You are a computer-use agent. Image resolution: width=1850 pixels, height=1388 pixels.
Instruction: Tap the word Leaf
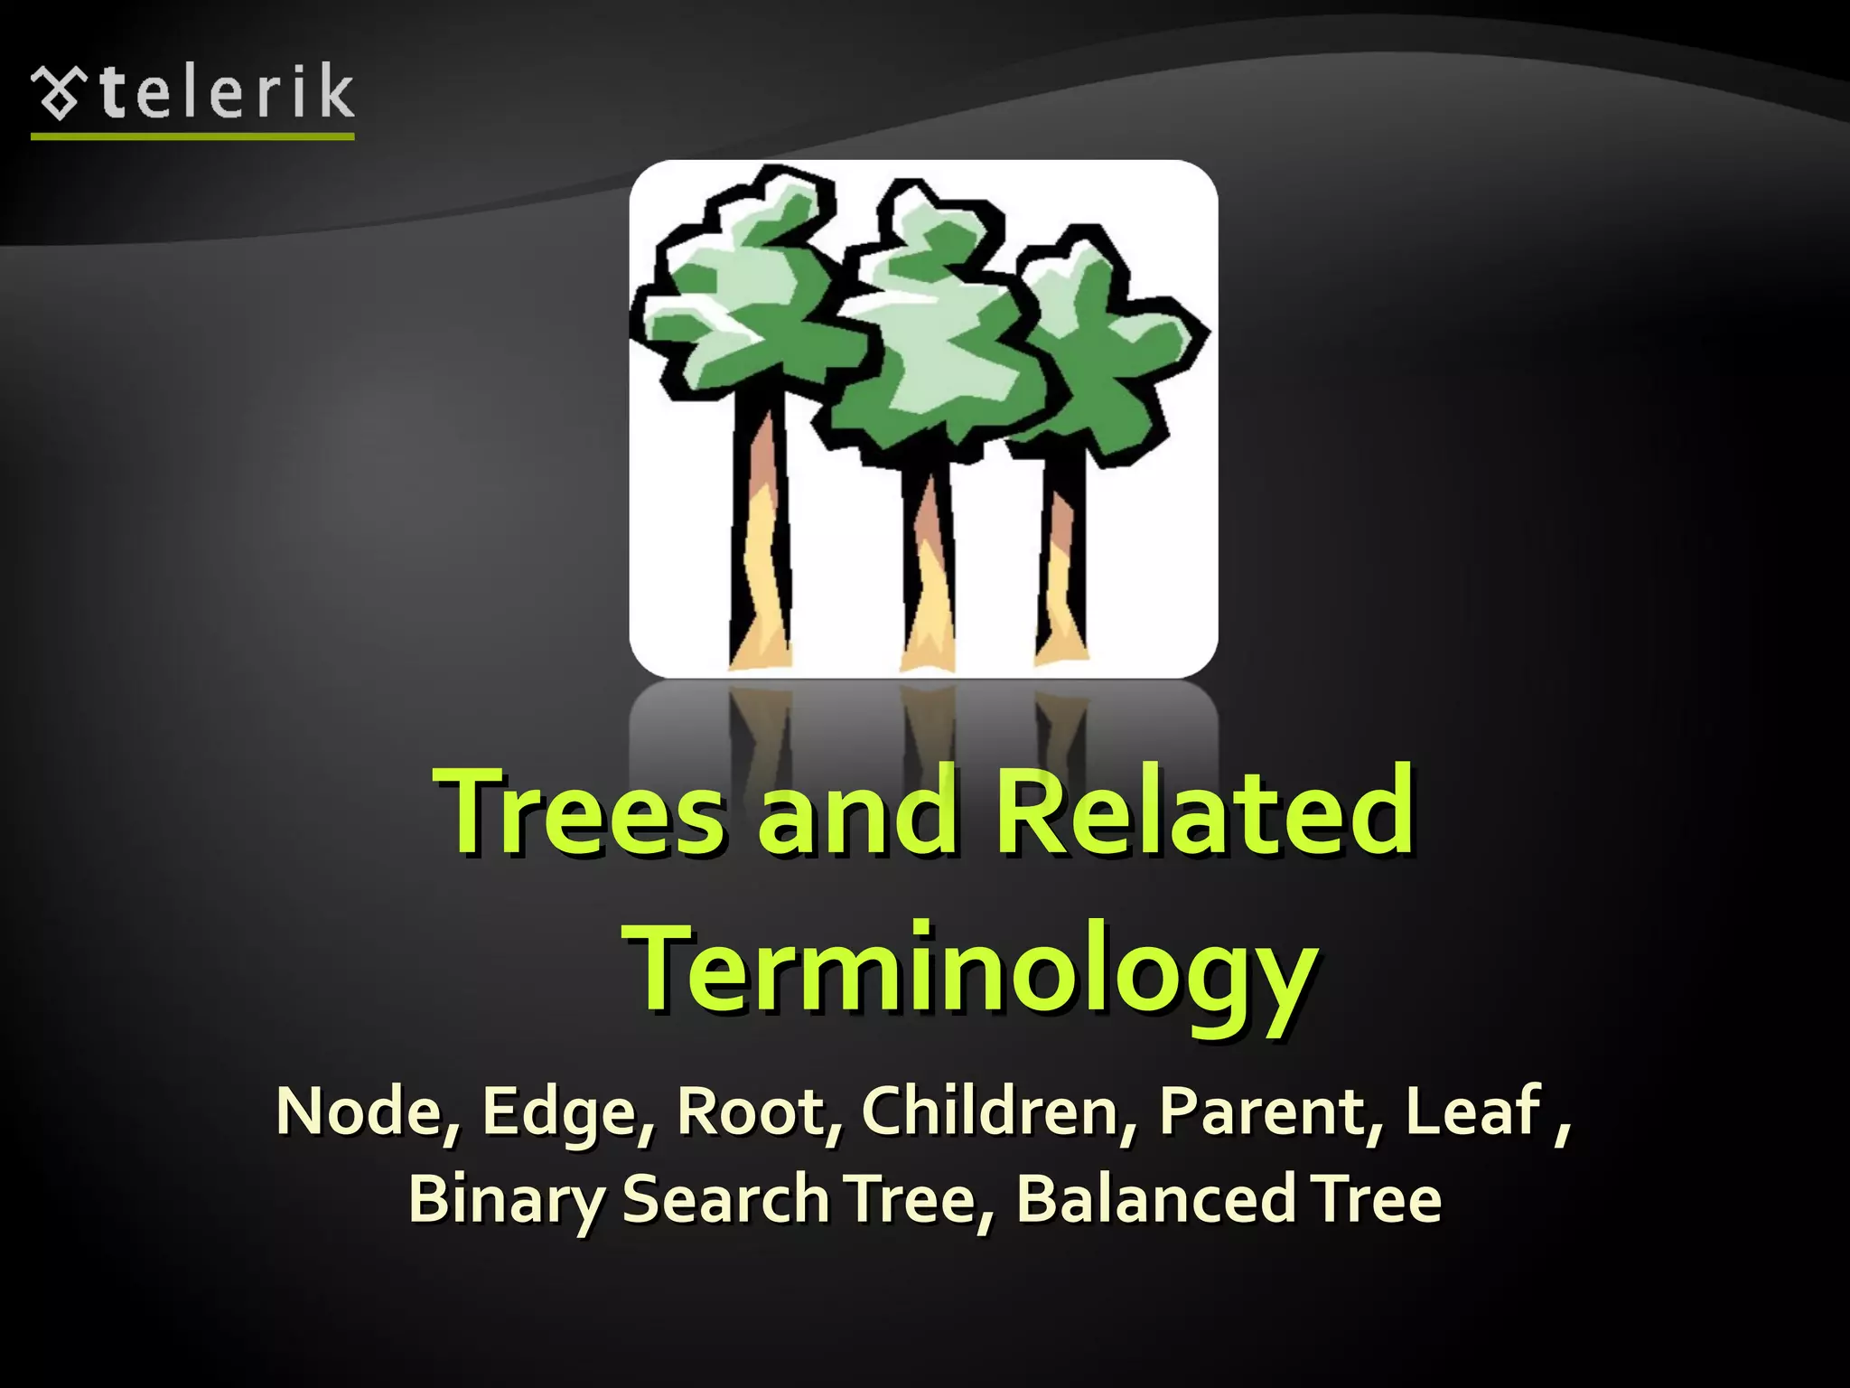coord(1472,1111)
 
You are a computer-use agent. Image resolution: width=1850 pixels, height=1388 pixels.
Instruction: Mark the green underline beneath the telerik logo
coord(192,136)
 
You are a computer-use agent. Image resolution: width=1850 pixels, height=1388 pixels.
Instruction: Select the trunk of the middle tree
coord(928,569)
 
